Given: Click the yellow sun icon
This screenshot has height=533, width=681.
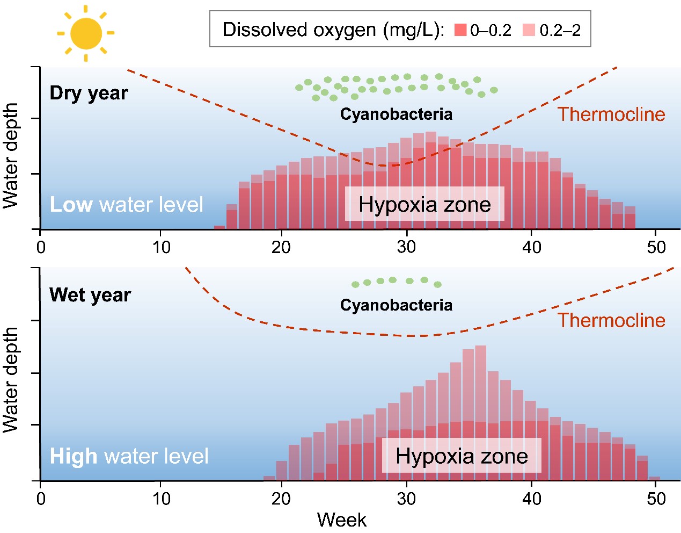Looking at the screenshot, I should pos(86,33).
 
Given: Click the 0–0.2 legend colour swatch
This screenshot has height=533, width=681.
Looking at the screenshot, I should pos(460,30).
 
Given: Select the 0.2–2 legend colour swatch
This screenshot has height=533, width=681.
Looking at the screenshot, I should pos(529,30).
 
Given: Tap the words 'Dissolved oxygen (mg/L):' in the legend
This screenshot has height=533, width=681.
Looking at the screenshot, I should pos(333,30).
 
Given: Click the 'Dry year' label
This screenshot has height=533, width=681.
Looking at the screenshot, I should pos(89,93).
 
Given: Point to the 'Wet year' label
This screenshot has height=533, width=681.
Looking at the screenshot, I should pos(90,295).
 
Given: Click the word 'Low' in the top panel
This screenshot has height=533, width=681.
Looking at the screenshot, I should pos(71,205).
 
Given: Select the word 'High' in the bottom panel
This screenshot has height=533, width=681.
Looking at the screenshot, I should pos(74,456).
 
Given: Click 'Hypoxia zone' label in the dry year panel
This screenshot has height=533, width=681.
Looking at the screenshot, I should pos(424,204).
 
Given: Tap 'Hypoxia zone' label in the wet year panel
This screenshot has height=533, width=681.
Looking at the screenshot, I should pos(462,456).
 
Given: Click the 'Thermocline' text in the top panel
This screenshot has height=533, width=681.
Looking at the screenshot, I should pos(611,114).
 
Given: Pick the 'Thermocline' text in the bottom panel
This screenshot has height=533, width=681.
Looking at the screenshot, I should pos(611,320).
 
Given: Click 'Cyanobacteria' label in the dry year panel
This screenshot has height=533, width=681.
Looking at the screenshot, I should pos(396,114).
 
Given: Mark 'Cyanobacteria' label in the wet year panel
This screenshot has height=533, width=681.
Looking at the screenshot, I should pos(396,305).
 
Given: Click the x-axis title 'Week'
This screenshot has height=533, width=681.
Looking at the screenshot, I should pos(341,520).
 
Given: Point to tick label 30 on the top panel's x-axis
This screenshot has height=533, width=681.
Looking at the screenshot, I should pos(406,247).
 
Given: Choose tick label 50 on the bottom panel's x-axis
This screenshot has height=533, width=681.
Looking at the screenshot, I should pos(656,499).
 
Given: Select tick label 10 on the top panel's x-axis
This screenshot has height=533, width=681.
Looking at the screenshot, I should pos(161,247).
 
